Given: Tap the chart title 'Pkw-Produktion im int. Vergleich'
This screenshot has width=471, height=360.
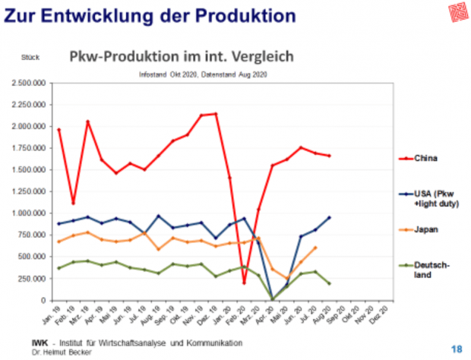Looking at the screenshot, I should click(182, 58).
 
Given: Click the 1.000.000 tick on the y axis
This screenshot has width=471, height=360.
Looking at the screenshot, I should click(27, 213).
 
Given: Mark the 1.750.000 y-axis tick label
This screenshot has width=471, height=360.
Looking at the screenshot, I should click(27, 148).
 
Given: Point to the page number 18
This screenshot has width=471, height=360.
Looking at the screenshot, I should click(456, 348).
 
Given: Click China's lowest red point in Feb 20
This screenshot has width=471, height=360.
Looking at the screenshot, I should click(245, 283).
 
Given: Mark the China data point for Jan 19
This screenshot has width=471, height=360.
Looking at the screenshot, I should click(58, 130).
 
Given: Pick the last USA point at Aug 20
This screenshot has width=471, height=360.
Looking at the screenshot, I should click(330, 217).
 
